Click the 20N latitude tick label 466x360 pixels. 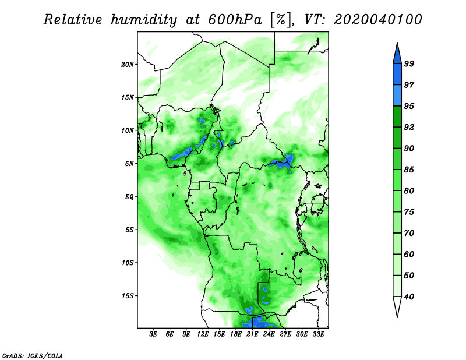(127, 64)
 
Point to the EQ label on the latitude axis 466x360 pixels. (129, 197)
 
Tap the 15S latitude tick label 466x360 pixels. (127, 296)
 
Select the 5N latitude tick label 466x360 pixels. (129, 164)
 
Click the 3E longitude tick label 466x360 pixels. (153, 334)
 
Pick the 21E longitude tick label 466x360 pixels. (252, 334)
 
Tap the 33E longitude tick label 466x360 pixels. (318, 334)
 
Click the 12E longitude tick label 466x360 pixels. (202, 334)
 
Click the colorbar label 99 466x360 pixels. (409, 63)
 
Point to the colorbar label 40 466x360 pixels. (409, 297)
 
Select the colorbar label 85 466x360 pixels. (409, 170)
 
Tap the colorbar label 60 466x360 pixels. (409, 254)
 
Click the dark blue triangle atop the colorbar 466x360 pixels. (397, 55)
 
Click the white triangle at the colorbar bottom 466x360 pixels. (397, 305)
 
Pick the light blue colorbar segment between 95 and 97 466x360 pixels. (397, 96)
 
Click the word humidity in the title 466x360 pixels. (143, 20)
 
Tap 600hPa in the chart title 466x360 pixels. (235, 20)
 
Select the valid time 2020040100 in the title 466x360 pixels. (377, 20)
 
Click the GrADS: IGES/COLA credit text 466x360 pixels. (33, 355)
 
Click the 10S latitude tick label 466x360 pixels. (127, 263)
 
